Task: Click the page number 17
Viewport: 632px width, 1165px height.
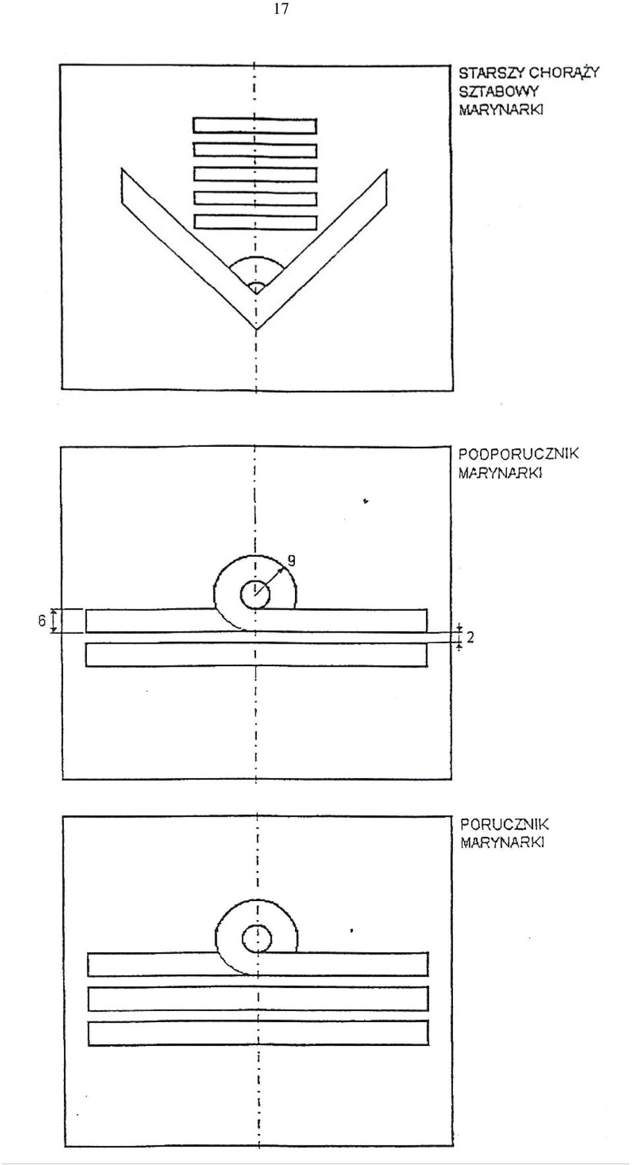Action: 281,9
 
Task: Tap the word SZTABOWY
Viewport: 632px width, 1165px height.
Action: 498,91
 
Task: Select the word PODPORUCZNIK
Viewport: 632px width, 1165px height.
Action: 519,453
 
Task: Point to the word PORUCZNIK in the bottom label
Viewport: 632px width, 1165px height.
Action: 504,824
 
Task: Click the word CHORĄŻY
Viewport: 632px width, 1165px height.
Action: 565,72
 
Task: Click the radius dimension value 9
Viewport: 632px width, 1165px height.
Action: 291,561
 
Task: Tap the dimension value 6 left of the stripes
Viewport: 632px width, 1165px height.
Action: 41,621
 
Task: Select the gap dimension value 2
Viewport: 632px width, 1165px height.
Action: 471,637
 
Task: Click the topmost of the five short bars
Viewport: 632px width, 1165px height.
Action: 255,126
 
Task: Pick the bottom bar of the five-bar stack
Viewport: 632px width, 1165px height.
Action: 255,222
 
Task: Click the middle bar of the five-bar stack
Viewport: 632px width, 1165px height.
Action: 255,174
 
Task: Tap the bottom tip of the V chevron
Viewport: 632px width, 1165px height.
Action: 256,328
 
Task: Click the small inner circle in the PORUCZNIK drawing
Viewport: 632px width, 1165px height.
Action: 256,939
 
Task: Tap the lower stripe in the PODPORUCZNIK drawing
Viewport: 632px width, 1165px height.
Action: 256,655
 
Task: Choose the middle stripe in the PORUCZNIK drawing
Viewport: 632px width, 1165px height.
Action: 258,998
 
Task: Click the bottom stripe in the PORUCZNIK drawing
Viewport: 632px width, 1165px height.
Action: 258,1033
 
